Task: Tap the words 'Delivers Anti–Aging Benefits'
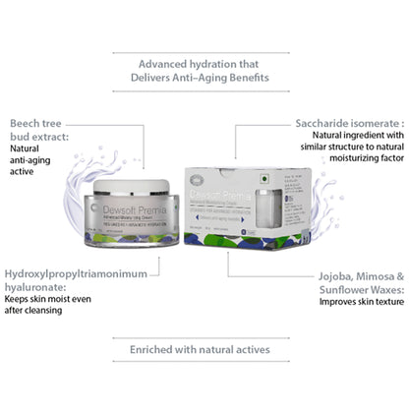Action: point(204,76)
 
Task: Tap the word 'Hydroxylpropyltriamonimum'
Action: point(82,271)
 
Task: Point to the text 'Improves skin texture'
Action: point(362,301)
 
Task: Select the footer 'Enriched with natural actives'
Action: point(204,348)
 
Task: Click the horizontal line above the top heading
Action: point(204,43)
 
